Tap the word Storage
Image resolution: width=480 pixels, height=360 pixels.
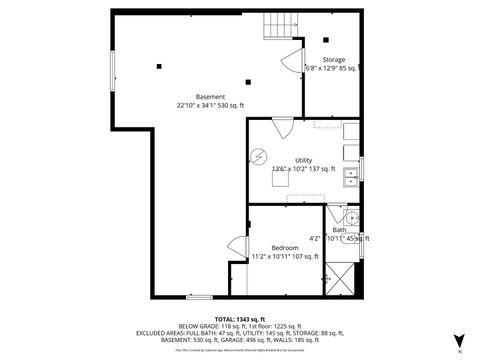[x=333, y=59]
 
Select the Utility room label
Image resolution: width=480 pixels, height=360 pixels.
[x=303, y=160]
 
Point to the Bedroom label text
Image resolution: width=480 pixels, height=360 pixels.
[x=285, y=246]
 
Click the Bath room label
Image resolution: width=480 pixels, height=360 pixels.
[x=339, y=229]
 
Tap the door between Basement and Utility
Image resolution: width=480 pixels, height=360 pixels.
[x=283, y=127]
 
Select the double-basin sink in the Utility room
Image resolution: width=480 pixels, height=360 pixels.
[x=352, y=178]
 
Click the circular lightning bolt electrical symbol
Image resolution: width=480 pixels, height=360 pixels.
[x=260, y=157]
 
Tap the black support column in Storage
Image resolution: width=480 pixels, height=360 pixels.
[x=326, y=40]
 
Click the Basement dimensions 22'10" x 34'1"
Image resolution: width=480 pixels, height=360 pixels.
[x=210, y=105]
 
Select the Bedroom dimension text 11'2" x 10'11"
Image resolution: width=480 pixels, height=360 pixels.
[x=285, y=256]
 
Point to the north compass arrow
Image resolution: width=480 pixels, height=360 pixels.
[x=459, y=339]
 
